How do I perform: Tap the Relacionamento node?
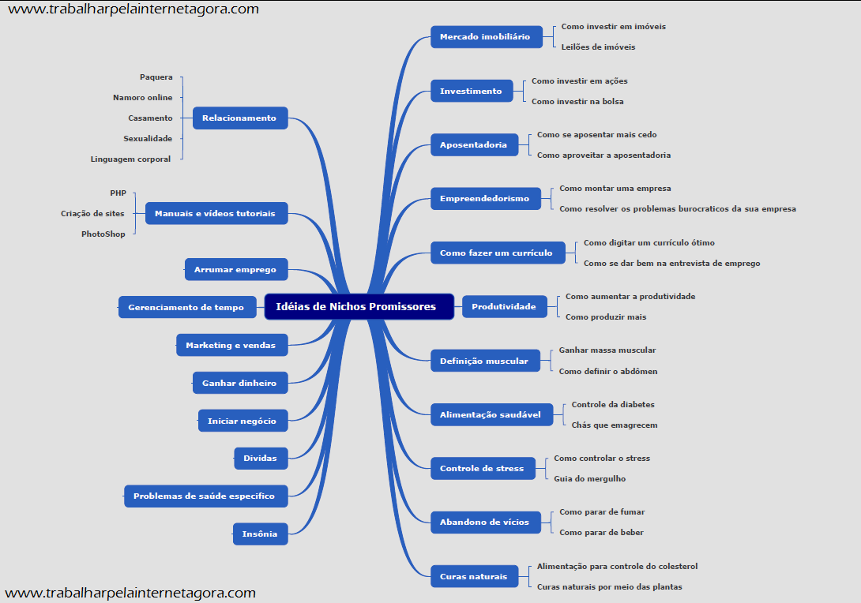[240, 118]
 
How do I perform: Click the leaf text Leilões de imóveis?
[598, 47]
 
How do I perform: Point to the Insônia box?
[260, 534]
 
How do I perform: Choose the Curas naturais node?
[473, 577]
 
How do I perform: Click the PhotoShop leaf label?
[103, 234]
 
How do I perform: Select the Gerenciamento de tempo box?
[186, 307]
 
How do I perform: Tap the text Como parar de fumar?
[602, 512]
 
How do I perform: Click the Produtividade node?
[503, 307]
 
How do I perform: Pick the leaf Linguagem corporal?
[130, 159]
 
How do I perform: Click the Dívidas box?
[260, 458]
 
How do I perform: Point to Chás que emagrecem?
[614, 425]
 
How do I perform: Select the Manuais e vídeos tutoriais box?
[215, 214]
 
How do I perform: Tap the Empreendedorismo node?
[484, 199]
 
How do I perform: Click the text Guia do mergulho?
[589, 479]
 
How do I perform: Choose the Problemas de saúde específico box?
[205, 496]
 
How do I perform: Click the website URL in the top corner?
[133, 9]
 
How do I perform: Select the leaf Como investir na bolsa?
[577, 102]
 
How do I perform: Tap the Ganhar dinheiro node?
[239, 384]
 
